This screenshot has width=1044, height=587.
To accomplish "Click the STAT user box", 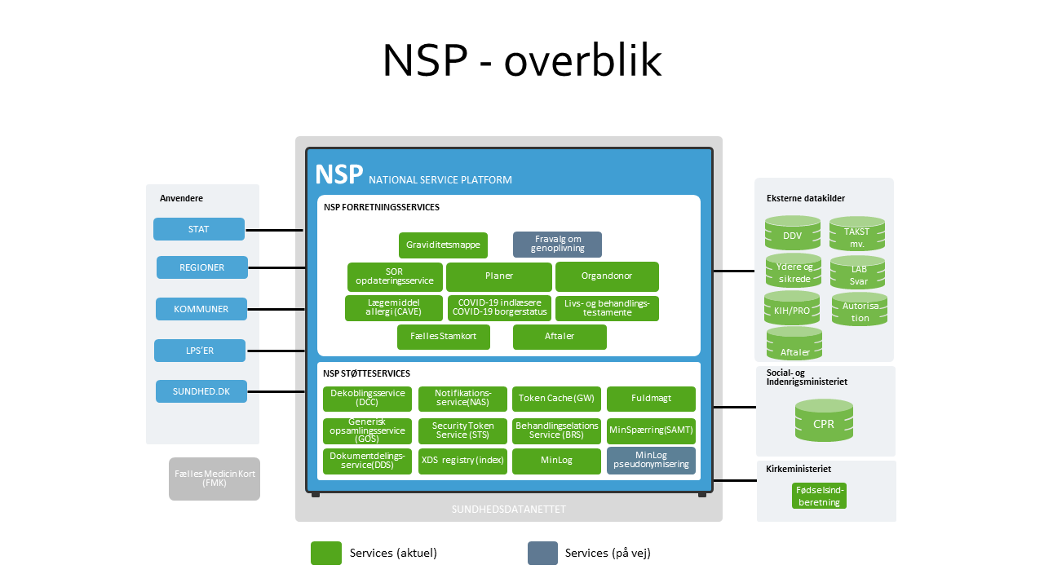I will tap(199, 229).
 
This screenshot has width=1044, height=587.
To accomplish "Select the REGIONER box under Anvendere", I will tap(201, 267).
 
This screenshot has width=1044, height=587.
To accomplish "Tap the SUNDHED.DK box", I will tap(201, 391).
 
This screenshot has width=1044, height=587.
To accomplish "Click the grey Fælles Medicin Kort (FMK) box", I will tap(215, 479).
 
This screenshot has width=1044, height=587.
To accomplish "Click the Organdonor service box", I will tap(607, 276).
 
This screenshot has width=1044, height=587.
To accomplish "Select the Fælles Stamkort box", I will tap(444, 337).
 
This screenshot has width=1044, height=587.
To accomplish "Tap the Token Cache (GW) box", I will tap(556, 399).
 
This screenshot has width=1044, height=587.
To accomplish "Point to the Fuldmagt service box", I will tap(651, 399).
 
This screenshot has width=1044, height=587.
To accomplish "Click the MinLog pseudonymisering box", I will tap(651, 461).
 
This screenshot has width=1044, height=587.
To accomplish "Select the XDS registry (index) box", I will tap(462, 461).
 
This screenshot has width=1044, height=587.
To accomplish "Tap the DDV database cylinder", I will tap(792, 233).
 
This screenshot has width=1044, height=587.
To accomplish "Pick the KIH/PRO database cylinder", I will tap(791, 309).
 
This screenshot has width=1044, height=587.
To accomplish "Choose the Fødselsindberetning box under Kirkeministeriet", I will tap(819, 496).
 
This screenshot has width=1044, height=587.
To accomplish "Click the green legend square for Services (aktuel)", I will tap(326, 553).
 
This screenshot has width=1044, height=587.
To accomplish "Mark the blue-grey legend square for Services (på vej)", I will tap(542, 553).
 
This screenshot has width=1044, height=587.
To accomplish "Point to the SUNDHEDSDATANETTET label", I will tap(509, 510).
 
